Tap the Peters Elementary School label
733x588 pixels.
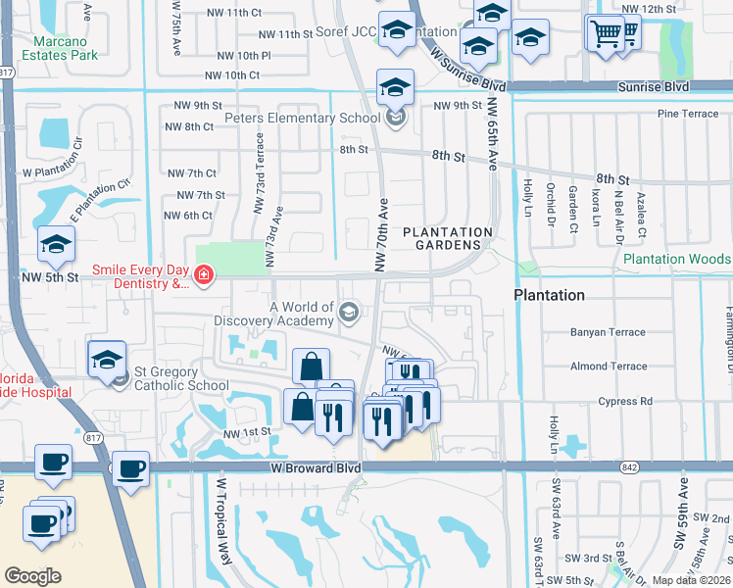(302, 119)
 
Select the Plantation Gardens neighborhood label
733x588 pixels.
(447, 238)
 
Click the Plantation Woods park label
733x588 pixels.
(676, 259)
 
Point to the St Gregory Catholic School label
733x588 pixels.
(181, 378)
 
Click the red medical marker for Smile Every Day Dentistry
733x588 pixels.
(204, 277)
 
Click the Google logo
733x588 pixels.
(32, 576)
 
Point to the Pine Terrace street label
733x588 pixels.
(688, 114)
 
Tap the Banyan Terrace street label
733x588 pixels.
(608, 332)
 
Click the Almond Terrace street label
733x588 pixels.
(608, 367)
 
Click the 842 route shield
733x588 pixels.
(628, 467)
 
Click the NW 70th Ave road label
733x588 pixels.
(382, 235)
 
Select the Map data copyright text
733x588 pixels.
(692, 580)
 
